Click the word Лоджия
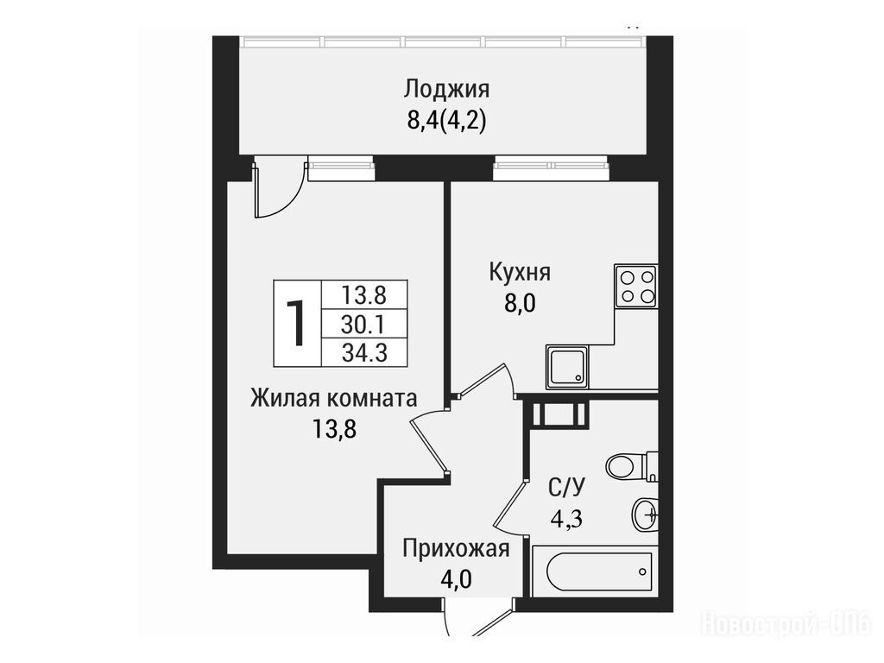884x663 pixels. (446, 90)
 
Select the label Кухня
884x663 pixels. (519, 273)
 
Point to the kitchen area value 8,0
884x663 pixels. (519, 304)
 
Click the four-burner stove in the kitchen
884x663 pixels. (636, 287)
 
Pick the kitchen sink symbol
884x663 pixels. (567, 367)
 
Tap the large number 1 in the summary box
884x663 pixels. (296, 323)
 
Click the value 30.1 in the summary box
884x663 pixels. (363, 325)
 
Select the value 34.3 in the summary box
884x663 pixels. (364, 353)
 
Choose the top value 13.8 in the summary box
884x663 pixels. (363, 294)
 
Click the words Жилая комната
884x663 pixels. (334, 399)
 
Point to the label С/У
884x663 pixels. (567, 487)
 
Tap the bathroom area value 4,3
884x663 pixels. (566, 519)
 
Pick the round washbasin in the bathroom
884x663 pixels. (644, 515)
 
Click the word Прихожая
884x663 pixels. (456, 548)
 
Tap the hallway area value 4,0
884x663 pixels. (456, 579)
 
